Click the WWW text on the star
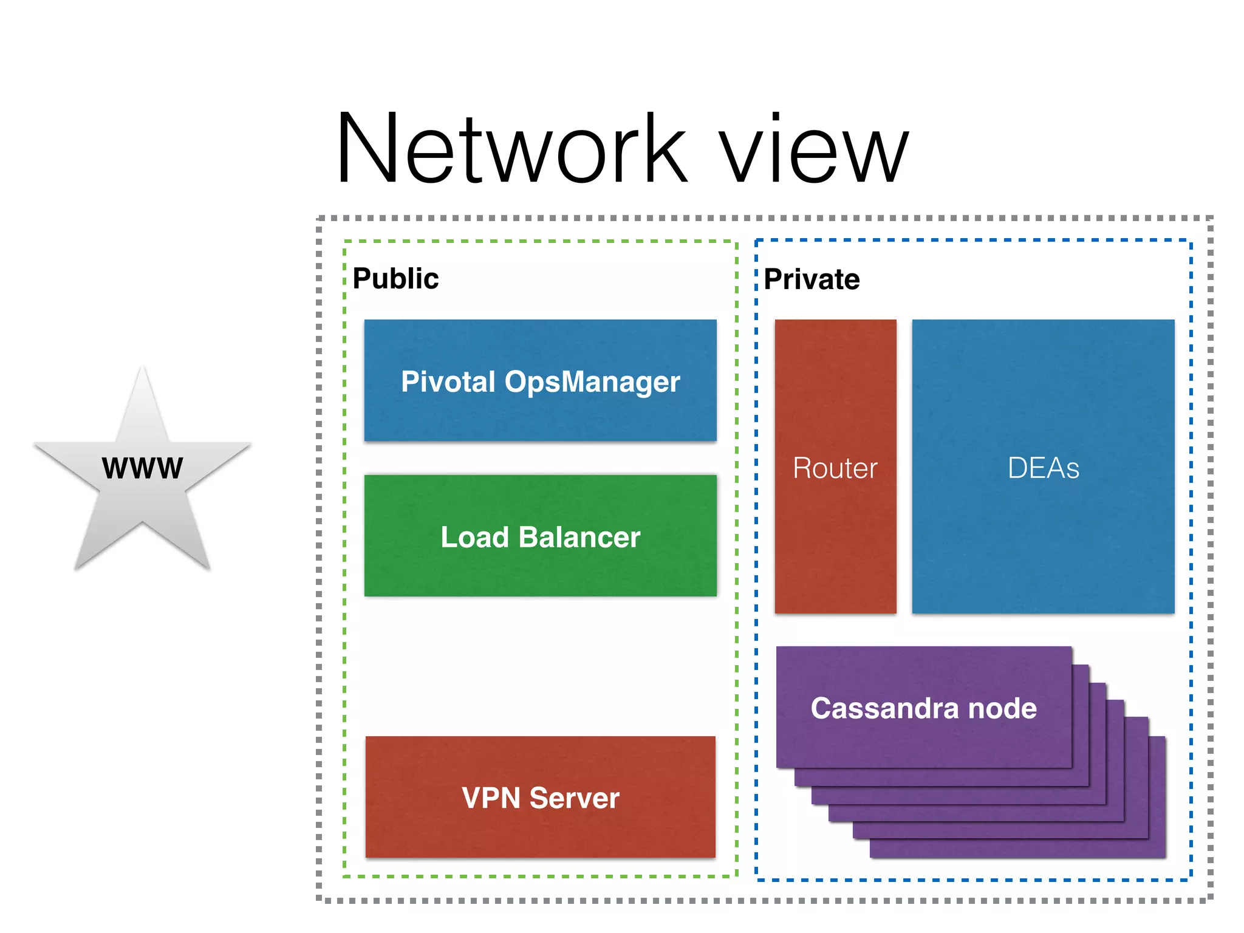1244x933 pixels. coord(142,468)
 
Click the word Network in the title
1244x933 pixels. coord(510,149)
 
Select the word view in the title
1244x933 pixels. coord(814,152)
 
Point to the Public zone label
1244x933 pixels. coord(395,279)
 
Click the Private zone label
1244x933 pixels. coord(812,279)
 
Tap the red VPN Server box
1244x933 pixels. coord(540,832)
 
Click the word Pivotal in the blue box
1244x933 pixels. coord(448,382)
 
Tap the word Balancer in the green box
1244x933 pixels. coord(579,538)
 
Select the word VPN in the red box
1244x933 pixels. coord(491,798)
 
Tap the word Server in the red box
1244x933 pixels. coord(574,798)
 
